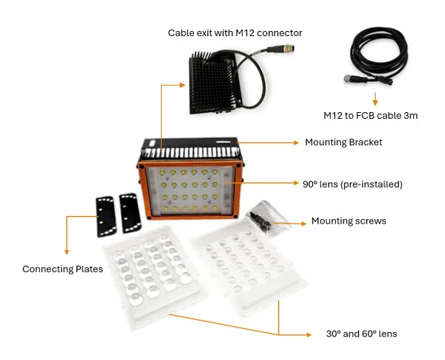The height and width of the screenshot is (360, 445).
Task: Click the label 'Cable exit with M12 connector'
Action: [235, 32]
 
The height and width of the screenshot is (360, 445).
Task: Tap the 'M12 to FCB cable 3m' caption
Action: [374, 115]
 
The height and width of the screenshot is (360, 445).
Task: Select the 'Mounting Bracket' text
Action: [343, 142]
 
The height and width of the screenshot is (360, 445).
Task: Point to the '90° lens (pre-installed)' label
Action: [352, 184]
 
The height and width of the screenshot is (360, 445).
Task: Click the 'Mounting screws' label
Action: [348, 221]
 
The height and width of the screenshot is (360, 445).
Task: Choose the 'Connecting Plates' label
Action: [62, 269]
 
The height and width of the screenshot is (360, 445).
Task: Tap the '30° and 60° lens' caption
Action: [361, 333]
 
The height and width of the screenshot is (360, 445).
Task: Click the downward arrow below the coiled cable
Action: [374, 98]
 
